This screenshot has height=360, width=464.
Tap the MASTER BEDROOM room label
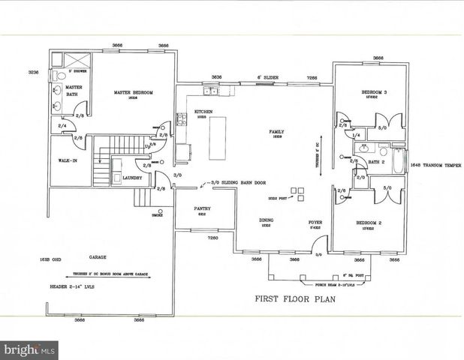click(x=134, y=93)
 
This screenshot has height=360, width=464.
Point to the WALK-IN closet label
click(x=63, y=160)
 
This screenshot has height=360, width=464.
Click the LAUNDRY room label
click(x=134, y=178)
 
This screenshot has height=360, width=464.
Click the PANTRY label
click(x=202, y=208)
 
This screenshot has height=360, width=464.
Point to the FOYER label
click(x=315, y=222)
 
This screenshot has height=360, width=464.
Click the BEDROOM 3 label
click(x=374, y=91)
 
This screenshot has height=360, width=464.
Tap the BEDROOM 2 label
click(x=373, y=223)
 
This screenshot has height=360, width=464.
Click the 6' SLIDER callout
click(x=268, y=77)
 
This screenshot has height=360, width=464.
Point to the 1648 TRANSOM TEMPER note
click(x=435, y=166)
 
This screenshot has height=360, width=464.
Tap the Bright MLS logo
click(x=29, y=349)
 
